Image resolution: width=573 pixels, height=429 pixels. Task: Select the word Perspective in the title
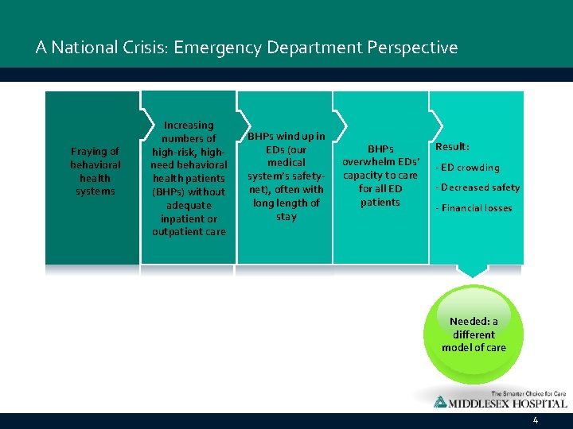412,48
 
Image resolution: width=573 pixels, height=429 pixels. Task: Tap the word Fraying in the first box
95,151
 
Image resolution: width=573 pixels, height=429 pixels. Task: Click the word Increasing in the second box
189,125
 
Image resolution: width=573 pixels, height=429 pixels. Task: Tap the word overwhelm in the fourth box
369,161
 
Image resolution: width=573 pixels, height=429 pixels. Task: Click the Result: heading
452,147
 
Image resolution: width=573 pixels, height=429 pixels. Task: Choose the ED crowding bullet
467,168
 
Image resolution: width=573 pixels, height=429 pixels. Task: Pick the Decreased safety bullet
477,187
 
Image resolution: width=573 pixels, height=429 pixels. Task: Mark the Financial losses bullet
474,208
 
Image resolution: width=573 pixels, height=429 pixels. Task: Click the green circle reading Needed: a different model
474,334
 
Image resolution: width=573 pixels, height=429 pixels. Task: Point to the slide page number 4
536,420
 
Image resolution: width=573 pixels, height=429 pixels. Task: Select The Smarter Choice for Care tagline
528,392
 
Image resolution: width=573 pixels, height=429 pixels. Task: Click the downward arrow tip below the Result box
474,274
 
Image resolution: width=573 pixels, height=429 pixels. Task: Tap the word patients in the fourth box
380,202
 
